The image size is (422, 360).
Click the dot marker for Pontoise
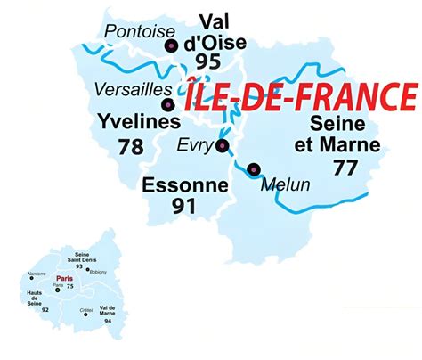[x=171, y=45]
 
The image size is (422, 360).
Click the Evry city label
[x=193, y=146]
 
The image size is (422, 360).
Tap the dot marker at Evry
[x=222, y=146]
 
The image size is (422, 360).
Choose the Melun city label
[x=286, y=184]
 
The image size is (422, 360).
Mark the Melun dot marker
[x=255, y=168]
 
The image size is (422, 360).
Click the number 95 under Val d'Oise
[x=208, y=61]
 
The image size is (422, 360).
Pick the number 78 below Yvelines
[x=130, y=147]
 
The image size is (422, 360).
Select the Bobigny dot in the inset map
[x=87, y=270]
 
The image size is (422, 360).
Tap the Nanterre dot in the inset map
[x=32, y=279]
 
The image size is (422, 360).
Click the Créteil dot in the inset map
[x=85, y=314]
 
